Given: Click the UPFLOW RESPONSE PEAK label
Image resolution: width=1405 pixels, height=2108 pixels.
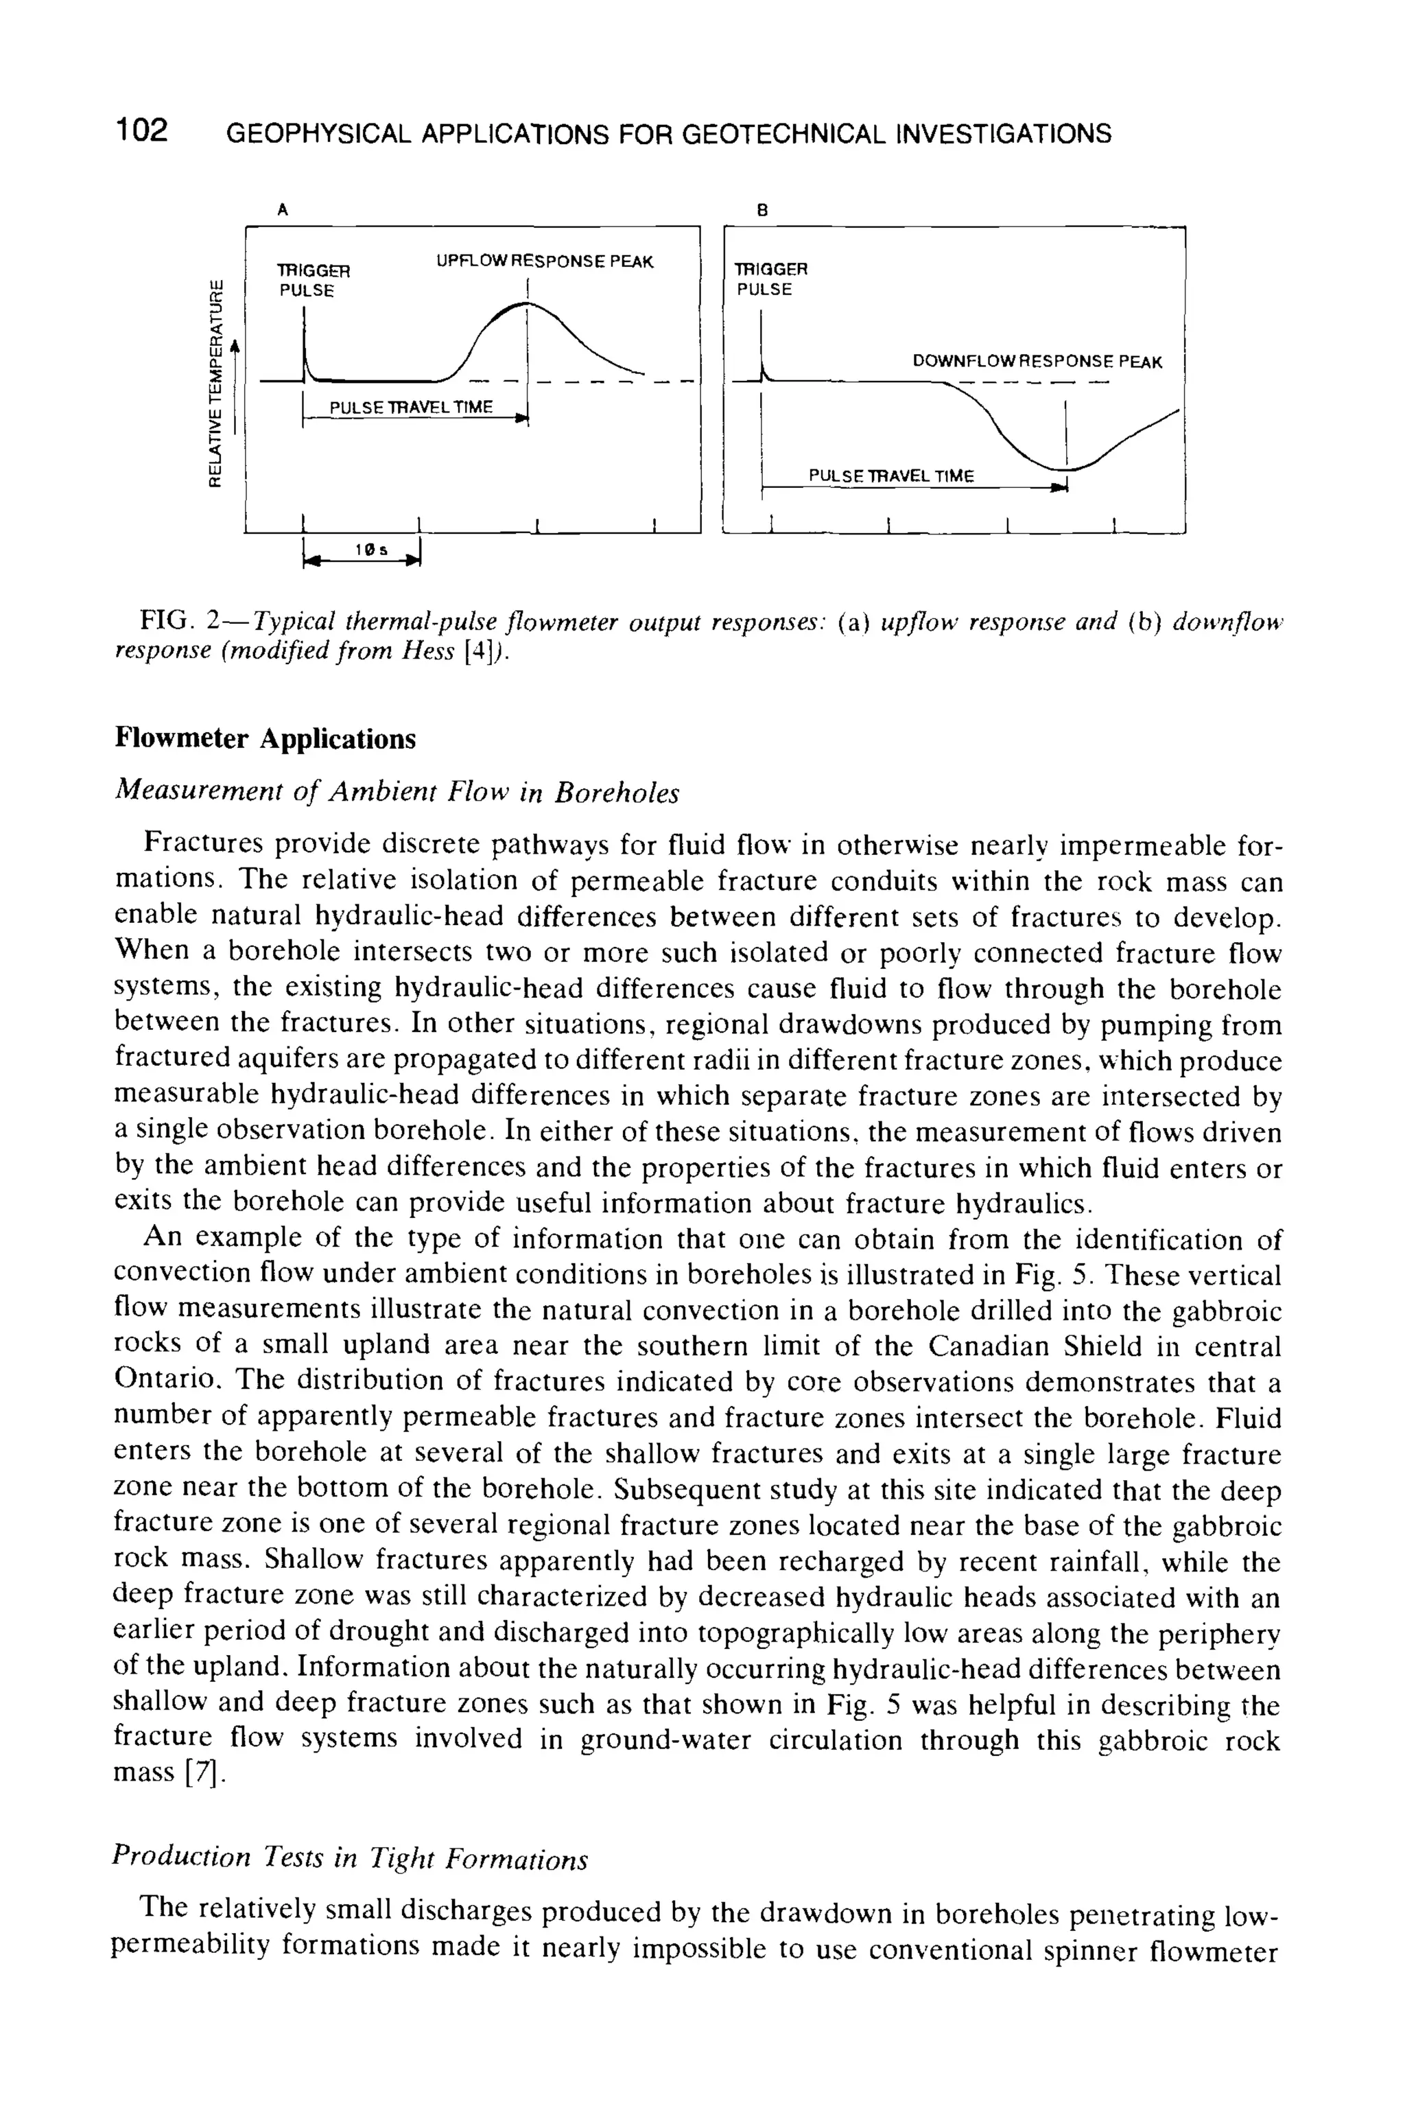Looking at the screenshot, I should click(545, 261).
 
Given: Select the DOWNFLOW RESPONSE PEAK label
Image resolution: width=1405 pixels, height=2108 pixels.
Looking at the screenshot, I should click(1037, 362).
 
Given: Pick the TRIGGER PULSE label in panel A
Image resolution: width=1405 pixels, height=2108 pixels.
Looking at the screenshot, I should click(312, 280).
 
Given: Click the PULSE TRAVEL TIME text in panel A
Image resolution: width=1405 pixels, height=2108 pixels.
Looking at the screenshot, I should click(412, 408).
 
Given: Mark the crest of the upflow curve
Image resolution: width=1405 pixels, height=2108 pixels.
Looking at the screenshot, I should click(527, 307).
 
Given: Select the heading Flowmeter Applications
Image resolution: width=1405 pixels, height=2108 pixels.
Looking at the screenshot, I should click(266, 740).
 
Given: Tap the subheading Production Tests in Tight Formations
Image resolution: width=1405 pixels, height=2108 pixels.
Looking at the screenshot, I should click(349, 1859).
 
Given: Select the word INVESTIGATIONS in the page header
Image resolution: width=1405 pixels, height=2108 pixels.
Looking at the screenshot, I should click(1008, 134).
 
